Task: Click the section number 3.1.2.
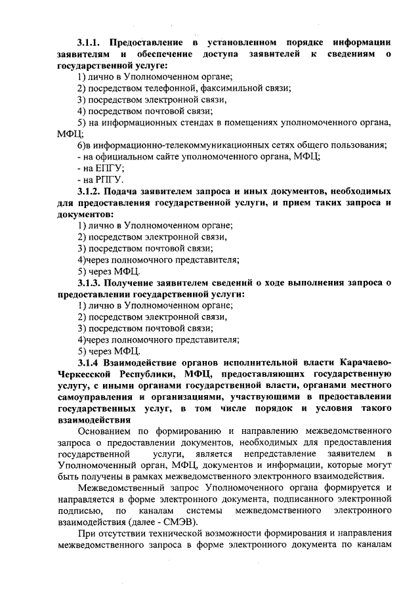pyautogui.click(x=89, y=191)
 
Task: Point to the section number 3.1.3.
pyautogui.click(x=89, y=283)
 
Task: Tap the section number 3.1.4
pyautogui.click(x=87, y=362)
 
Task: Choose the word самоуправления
pyautogui.click(x=95, y=396)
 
